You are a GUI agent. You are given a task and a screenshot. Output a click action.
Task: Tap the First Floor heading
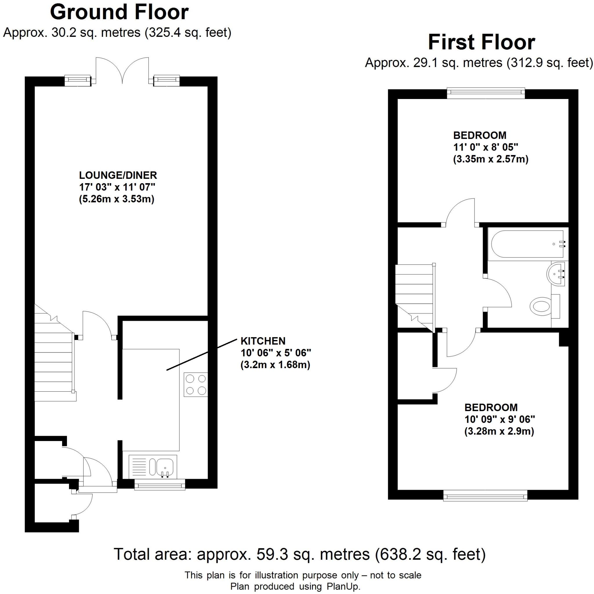[481, 43]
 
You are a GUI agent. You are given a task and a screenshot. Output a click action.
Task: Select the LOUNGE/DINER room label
[118, 175]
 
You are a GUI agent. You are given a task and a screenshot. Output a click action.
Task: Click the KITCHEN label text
[263, 341]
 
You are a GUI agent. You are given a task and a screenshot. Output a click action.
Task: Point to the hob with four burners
[196, 384]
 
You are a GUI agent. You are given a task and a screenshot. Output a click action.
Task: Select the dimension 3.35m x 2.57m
[491, 159]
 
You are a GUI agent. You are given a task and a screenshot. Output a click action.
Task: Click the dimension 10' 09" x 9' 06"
[500, 420]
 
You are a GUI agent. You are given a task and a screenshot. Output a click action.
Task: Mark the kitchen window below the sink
[160, 485]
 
